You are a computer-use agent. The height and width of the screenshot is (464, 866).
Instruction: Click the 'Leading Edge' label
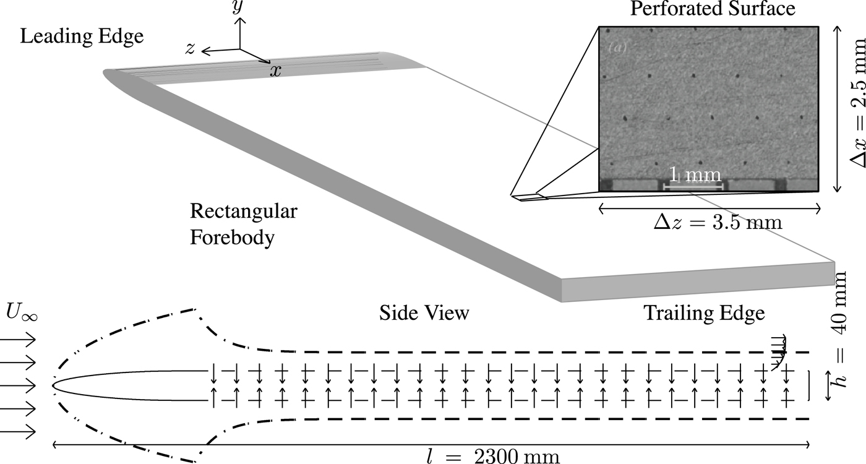coord(82,37)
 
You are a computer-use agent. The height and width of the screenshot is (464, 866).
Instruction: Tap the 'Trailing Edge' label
coord(705,313)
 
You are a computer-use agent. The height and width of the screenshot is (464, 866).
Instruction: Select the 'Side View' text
coord(424,313)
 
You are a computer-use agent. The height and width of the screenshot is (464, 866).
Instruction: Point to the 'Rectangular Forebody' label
coord(243,225)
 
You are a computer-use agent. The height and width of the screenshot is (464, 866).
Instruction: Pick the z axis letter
coord(191,49)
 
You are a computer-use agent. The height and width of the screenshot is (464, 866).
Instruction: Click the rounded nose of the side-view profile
coord(56,384)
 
